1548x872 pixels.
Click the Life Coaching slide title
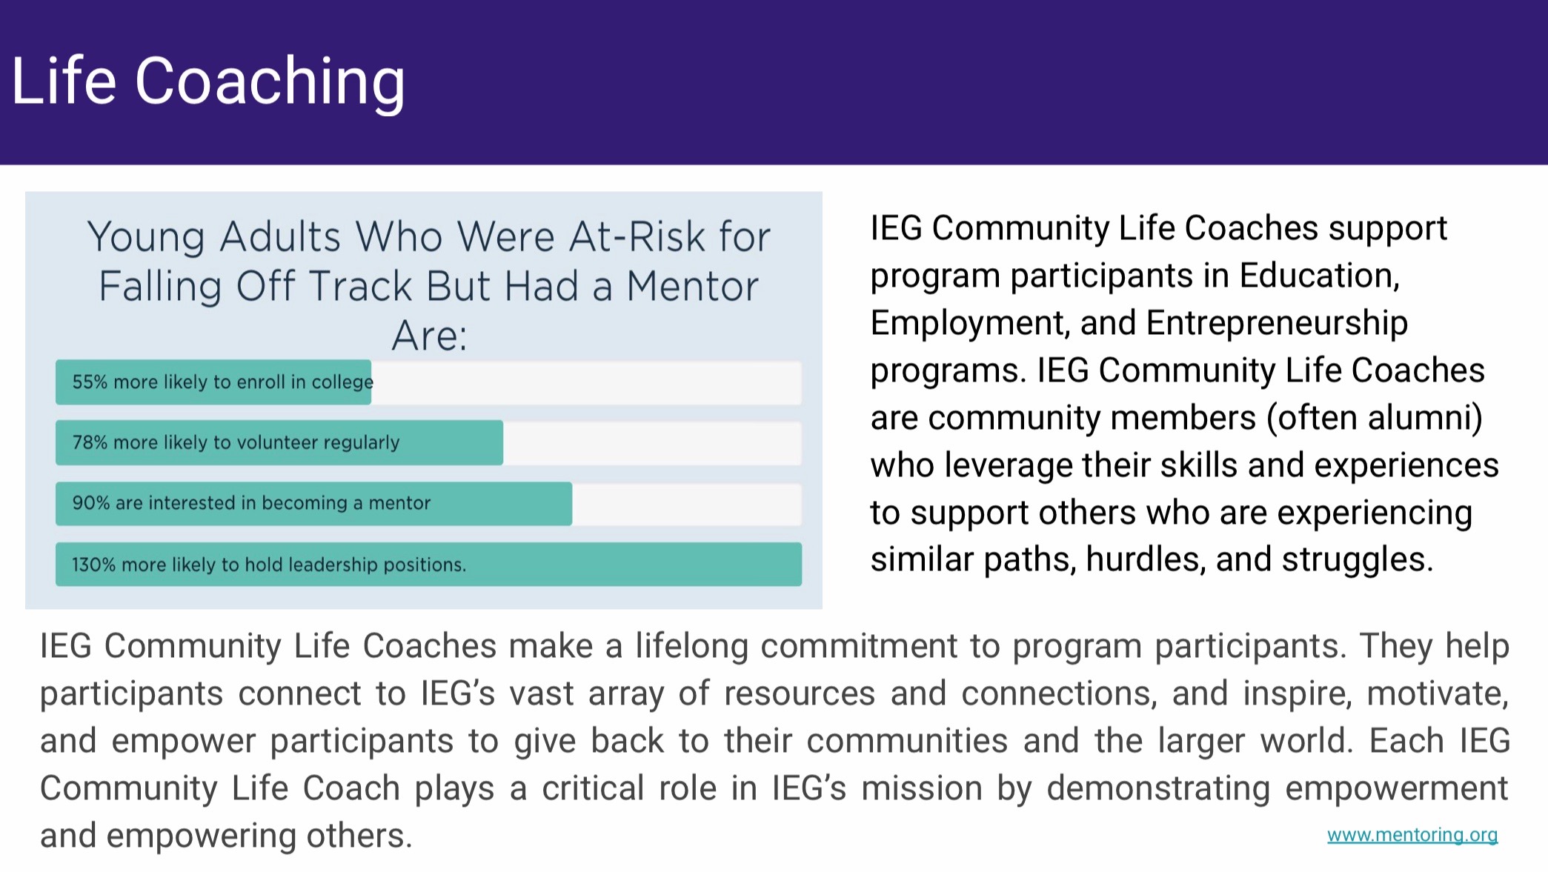click(x=208, y=81)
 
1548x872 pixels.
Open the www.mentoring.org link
click(x=1412, y=835)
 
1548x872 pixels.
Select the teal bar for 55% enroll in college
click(x=213, y=382)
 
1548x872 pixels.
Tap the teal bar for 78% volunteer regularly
click(x=279, y=443)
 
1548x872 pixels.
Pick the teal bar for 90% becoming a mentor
click(x=313, y=504)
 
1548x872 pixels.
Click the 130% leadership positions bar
click(x=428, y=565)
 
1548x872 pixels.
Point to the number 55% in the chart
click(x=90, y=382)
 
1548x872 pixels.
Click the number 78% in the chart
click(x=90, y=443)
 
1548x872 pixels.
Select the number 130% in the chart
click(x=94, y=565)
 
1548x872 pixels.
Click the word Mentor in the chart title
click(x=693, y=287)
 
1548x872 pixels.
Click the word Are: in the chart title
click(x=430, y=336)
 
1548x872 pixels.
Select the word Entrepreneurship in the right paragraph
click(x=1277, y=324)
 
